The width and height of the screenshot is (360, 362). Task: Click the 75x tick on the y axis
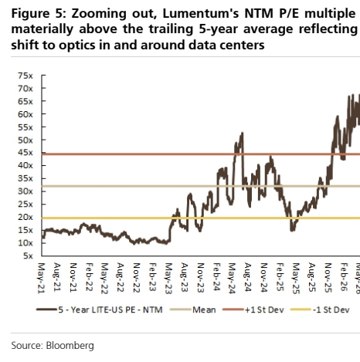pyautogui.click(x=25, y=76)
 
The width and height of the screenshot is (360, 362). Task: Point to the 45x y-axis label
pyautogui.click(x=25, y=153)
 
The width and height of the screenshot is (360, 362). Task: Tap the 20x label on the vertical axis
pyautogui.click(x=25, y=217)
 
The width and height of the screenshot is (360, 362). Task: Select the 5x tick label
pyautogui.click(x=28, y=255)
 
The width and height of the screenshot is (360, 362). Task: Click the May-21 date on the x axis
pyautogui.click(x=42, y=278)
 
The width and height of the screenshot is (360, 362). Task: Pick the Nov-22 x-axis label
pyautogui.click(x=137, y=278)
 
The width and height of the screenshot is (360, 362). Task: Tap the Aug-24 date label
pyautogui.click(x=248, y=277)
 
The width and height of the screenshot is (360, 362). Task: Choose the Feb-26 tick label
pyautogui.click(x=344, y=277)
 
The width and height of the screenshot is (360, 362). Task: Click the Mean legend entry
pyautogui.click(x=193, y=310)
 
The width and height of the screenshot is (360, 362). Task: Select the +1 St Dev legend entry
pyautogui.click(x=253, y=310)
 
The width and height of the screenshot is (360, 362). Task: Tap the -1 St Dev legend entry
pyautogui.click(x=320, y=310)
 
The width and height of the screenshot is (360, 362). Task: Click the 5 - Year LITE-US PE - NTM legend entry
pyautogui.click(x=100, y=310)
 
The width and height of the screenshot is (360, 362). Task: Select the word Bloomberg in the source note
pyautogui.click(x=70, y=346)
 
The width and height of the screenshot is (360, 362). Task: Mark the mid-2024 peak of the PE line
pyautogui.click(x=242, y=133)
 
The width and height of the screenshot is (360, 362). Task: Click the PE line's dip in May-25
pyautogui.click(x=292, y=230)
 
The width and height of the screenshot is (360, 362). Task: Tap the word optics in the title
pyautogui.click(x=75, y=46)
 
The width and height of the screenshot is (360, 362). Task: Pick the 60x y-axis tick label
pyautogui.click(x=25, y=114)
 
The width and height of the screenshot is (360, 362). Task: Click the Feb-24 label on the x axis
pyautogui.click(x=217, y=277)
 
